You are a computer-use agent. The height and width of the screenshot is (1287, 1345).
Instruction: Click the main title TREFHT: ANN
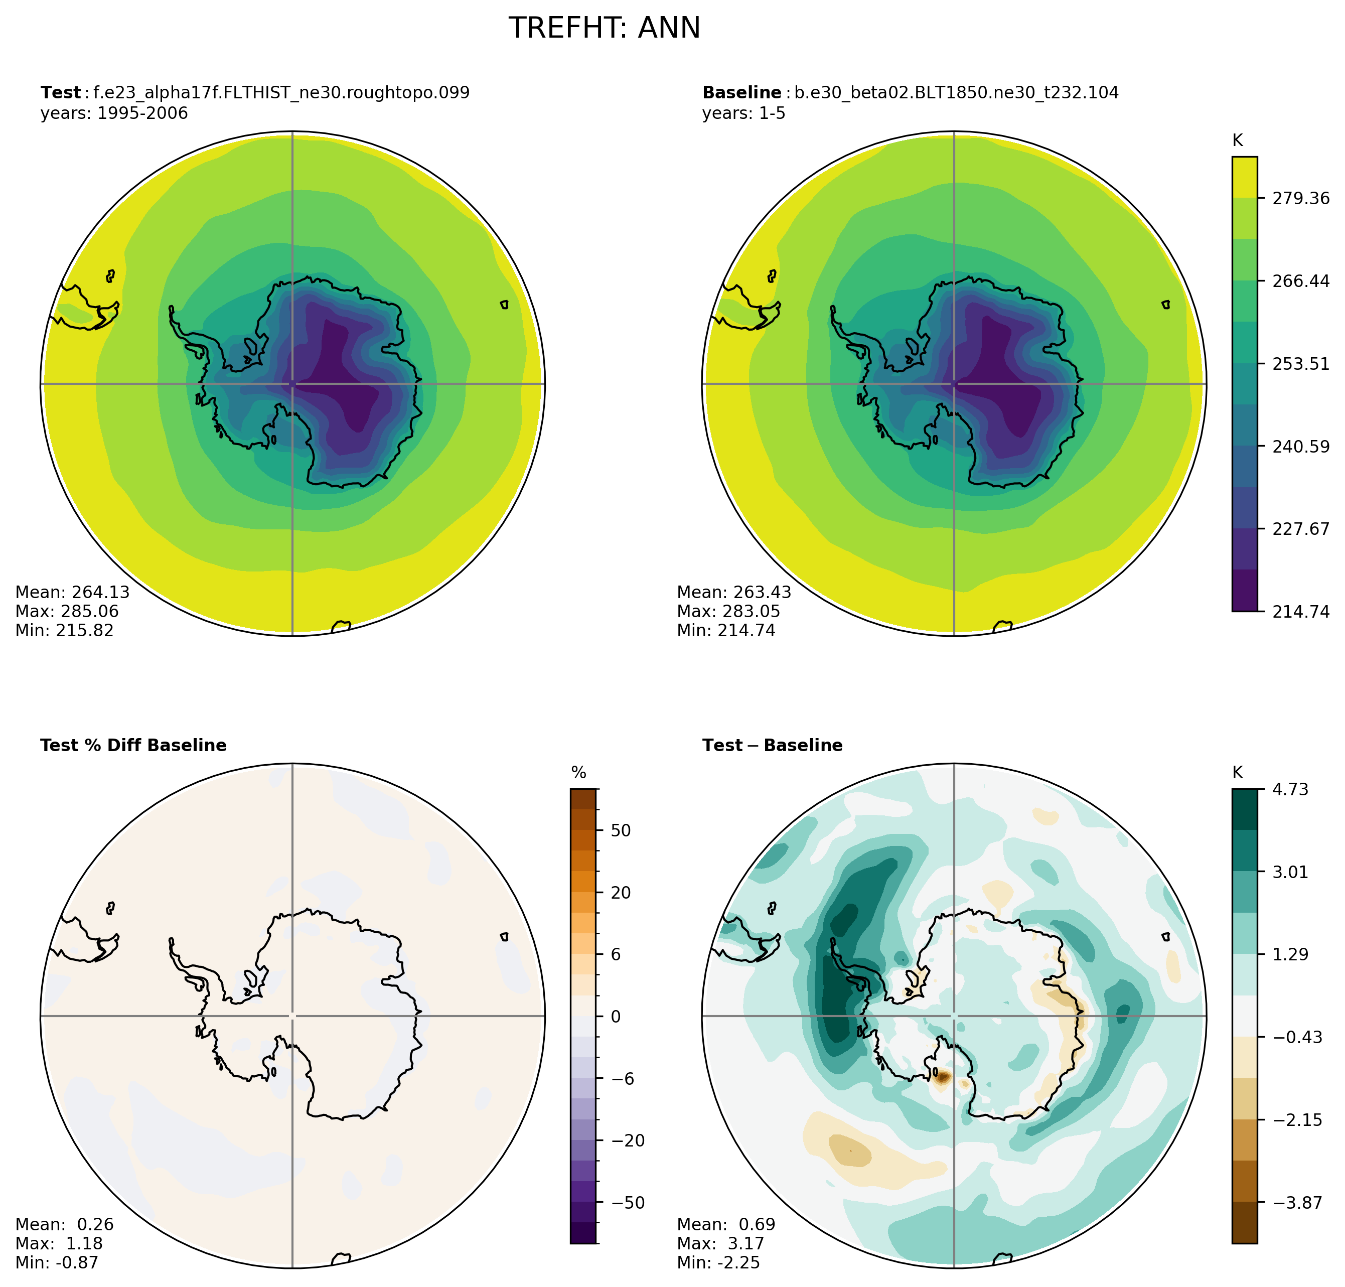tap(604, 28)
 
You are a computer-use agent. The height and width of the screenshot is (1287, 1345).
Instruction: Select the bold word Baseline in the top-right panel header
tap(741, 93)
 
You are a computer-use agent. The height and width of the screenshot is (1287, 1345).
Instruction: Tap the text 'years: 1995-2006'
tap(114, 113)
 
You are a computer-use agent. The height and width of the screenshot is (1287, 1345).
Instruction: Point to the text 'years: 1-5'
tap(743, 113)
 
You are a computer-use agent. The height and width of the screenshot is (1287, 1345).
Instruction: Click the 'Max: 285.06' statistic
tap(67, 611)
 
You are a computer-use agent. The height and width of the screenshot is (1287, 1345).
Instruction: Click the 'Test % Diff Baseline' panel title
tap(133, 746)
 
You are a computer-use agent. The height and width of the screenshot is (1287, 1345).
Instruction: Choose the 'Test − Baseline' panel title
tap(772, 746)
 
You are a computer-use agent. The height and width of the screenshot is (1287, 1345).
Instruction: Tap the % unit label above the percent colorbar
tap(579, 773)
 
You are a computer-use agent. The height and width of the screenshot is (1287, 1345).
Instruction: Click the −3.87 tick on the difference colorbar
tap(1297, 1203)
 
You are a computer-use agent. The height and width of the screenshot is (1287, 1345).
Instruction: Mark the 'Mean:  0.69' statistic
tap(725, 1225)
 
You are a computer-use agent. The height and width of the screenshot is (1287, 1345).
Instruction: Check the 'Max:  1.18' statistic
tap(58, 1244)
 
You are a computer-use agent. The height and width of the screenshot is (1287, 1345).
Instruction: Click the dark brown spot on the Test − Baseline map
tap(942, 1077)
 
